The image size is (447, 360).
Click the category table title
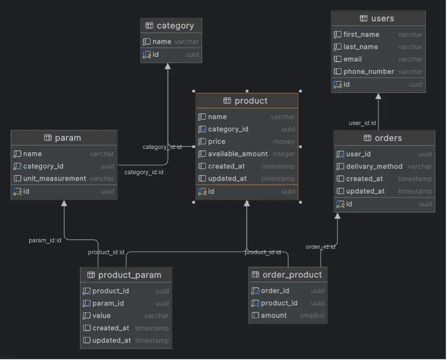click(x=175, y=26)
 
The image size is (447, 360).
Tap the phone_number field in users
click(x=368, y=72)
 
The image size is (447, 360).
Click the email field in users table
click(x=353, y=59)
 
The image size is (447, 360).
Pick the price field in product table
click(x=217, y=142)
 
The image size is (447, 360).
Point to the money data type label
click(x=283, y=142)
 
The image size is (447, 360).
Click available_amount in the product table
click(x=237, y=154)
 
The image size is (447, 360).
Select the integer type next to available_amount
click(x=283, y=154)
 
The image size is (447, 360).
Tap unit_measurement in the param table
click(x=55, y=179)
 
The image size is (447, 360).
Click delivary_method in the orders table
click(x=374, y=167)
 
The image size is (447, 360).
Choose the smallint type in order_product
click(x=311, y=315)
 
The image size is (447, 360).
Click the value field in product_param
click(x=101, y=315)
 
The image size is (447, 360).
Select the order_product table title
click(x=292, y=275)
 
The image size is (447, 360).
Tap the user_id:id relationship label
click(x=362, y=123)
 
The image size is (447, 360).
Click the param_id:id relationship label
click(x=45, y=241)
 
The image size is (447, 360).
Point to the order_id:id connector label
click(x=320, y=247)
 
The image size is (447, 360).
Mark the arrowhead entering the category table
click(x=167, y=66)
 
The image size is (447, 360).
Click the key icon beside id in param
click(x=18, y=191)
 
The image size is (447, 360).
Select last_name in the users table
click(x=361, y=47)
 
